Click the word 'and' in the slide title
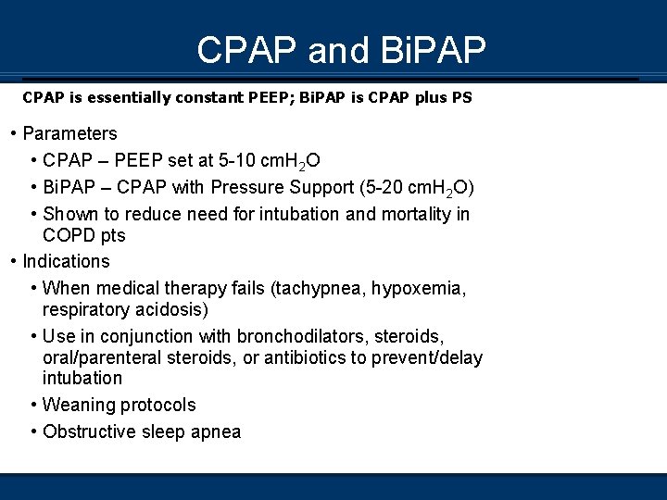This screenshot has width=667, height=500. click(338, 50)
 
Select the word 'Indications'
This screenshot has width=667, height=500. click(66, 261)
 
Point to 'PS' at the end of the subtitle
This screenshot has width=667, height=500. click(461, 96)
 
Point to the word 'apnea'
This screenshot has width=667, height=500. click(215, 431)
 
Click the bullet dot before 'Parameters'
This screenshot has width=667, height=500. click(13, 133)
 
